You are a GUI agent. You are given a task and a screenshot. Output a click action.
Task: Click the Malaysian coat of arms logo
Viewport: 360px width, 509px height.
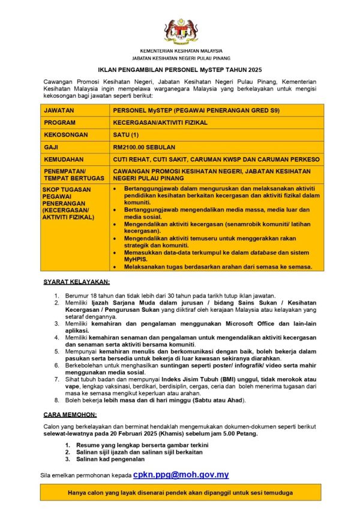[x=181, y=30]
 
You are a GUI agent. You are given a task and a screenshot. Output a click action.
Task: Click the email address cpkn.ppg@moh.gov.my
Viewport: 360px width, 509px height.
[x=181, y=474]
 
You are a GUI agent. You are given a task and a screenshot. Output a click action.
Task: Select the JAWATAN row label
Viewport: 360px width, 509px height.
[x=59, y=110]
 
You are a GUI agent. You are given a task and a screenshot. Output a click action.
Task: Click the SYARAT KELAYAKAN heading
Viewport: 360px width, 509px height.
[x=76, y=281]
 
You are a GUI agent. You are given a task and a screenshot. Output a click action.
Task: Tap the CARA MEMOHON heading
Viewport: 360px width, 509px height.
[x=70, y=414]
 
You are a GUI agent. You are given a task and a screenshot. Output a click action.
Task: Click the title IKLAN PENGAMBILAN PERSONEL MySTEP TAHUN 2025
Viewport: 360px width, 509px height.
[x=181, y=70]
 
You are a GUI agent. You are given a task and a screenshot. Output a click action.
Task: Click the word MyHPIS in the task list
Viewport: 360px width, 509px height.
[x=136, y=260]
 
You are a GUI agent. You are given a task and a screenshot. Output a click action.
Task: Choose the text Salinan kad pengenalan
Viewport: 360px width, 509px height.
[x=110, y=459]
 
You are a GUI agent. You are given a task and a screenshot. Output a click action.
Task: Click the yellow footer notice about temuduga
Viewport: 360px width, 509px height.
[x=181, y=492]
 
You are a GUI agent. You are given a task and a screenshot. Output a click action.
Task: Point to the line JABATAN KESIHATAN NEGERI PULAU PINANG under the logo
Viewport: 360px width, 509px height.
[x=181, y=59]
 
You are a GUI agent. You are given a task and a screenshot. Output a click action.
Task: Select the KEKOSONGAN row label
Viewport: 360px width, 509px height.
[x=66, y=134]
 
